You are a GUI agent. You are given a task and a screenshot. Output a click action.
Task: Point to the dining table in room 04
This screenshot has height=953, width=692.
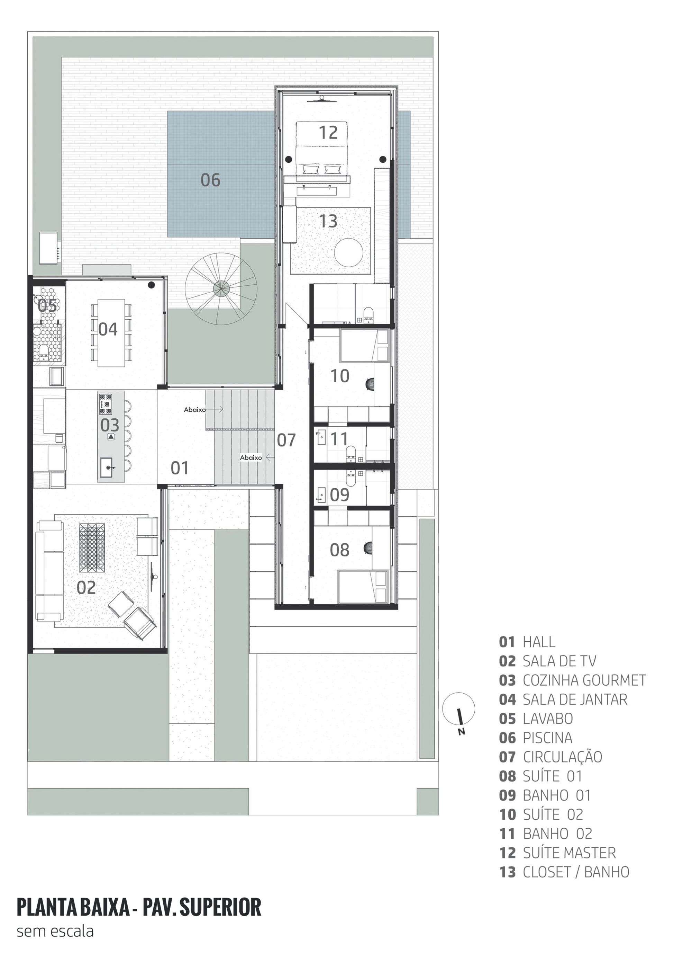click(111, 333)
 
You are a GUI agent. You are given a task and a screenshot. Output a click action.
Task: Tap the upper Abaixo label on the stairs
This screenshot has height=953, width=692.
click(194, 409)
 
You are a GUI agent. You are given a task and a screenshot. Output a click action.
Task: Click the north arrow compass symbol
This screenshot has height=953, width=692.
click(459, 709)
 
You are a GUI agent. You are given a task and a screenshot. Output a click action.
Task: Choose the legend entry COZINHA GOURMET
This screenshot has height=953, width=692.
click(584, 680)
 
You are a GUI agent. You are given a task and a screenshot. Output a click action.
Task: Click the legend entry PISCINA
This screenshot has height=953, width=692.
click(547, 738)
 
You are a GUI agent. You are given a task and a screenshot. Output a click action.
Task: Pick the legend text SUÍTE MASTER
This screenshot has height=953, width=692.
click(569, 853)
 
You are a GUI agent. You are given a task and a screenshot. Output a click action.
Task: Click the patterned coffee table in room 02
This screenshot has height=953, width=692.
click(92, 547)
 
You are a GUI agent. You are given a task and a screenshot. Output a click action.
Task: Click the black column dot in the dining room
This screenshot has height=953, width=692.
click(151, 285)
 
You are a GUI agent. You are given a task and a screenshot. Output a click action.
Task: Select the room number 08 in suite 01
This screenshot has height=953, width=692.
click(339, 550)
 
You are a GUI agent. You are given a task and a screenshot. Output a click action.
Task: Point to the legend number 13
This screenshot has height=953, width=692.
click(507, 872)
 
